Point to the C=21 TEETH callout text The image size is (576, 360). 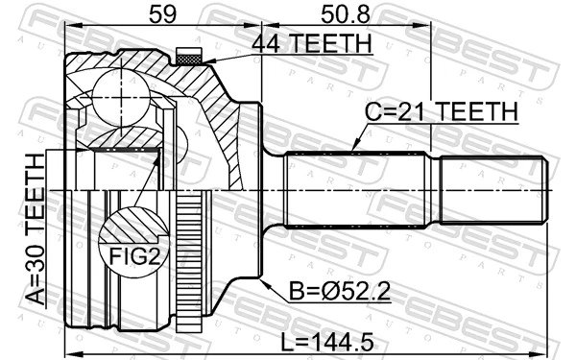tap(441, 113)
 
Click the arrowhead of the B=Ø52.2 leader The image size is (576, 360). tap(262, 279)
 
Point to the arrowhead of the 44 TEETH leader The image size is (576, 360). tap(204, 63)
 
